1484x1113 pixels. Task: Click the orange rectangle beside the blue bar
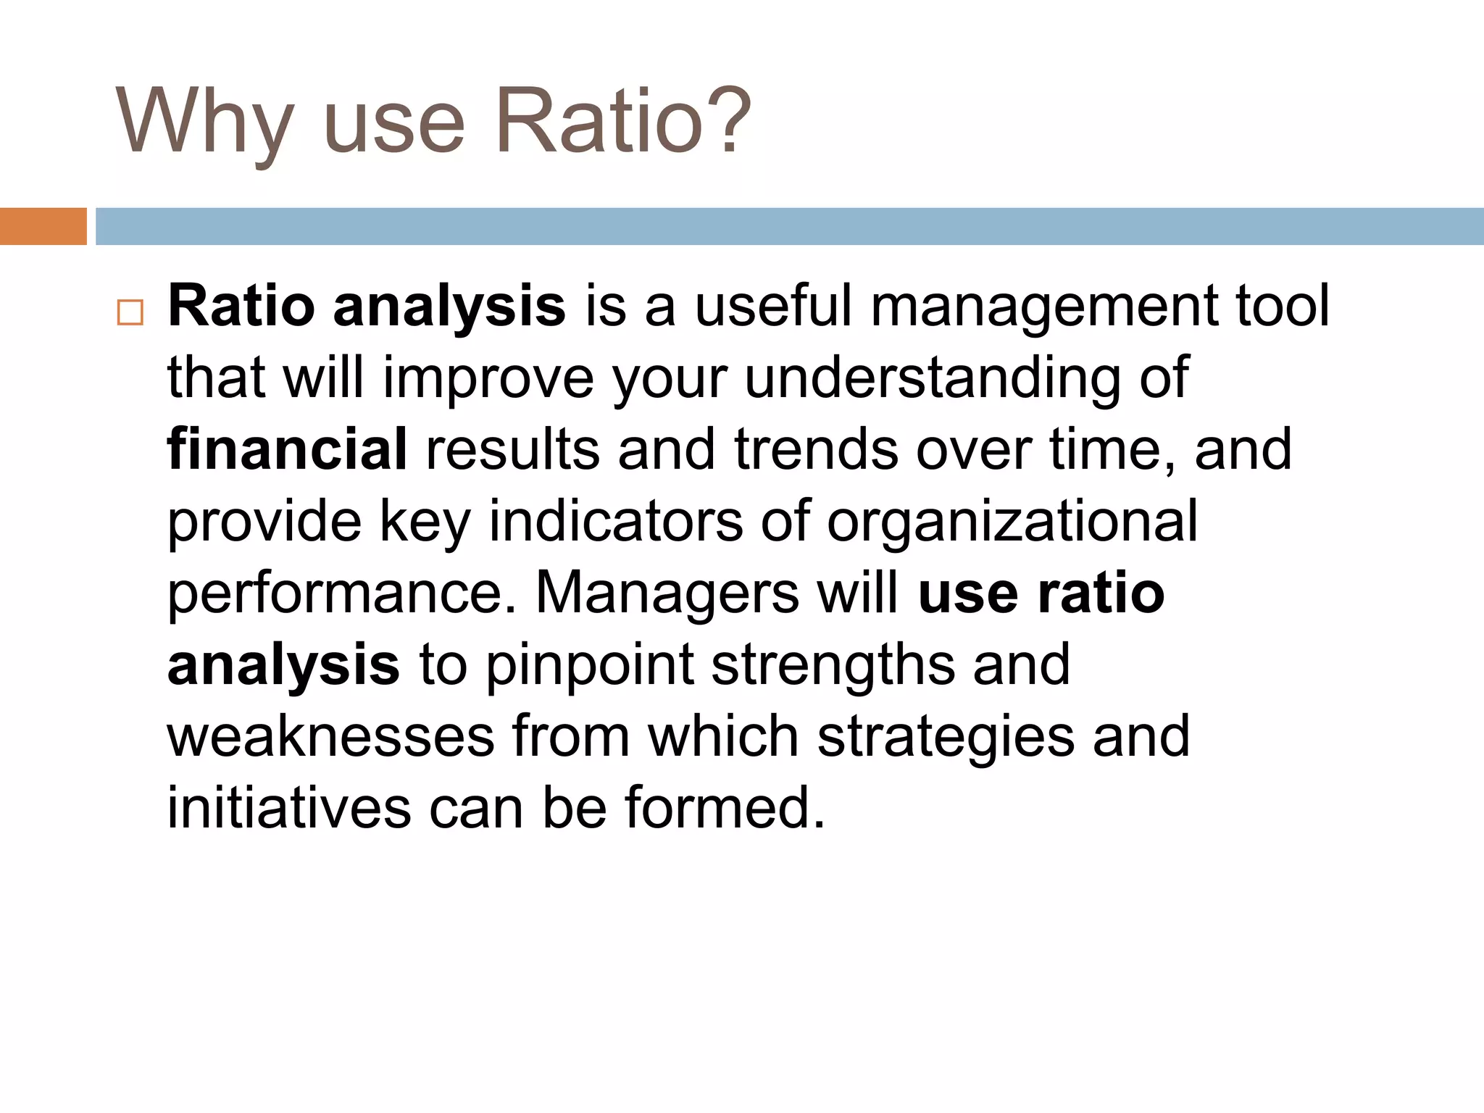pos(43,226)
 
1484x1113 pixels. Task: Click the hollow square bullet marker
pos(130,313)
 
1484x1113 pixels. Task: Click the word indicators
pos(616,521)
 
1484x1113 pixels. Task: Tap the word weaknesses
pos(330,737)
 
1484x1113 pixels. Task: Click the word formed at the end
pos(725,808)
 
